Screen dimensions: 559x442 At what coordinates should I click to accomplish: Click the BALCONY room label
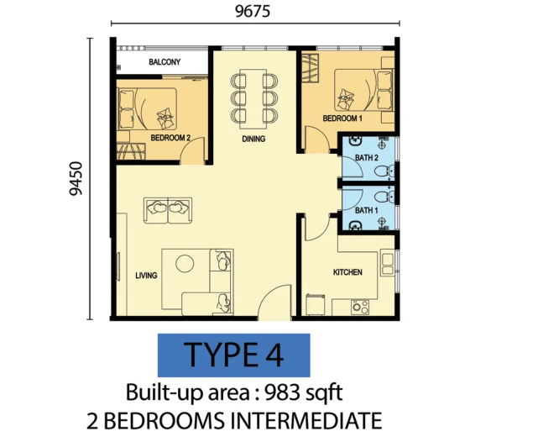[x=165, y=62]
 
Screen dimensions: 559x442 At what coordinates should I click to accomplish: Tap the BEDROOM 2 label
[x=170, y=138]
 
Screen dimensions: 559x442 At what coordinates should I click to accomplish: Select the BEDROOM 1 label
[x=342, y=118]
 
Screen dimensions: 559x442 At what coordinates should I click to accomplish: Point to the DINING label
[x=253, y=139]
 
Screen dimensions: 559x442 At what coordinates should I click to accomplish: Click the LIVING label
[x=146, y=276]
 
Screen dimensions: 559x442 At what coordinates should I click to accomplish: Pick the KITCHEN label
[x=347, y=272]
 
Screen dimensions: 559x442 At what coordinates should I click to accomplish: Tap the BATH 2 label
[x=367, y=158]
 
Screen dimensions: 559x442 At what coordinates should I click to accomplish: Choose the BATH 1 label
[x=367, y=211]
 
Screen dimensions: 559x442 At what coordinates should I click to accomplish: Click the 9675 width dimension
[x=253, y=12]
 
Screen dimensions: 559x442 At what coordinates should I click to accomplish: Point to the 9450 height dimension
[x=76, y=179]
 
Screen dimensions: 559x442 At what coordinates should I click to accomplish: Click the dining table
[x=253, y=99]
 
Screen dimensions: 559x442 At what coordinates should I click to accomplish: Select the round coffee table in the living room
[x=185, y=264]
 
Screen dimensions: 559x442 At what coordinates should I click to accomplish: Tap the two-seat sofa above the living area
[x=168, y=211]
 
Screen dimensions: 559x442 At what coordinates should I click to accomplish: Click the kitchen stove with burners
[x=360, y=307]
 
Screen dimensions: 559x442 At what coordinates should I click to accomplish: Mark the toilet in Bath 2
[x=384, y=171]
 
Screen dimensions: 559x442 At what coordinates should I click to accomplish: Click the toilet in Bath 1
[x=384, y=197]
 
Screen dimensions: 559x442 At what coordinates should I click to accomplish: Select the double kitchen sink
[x=388, y=264]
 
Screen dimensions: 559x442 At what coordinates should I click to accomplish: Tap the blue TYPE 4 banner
[x=234, y=355]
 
